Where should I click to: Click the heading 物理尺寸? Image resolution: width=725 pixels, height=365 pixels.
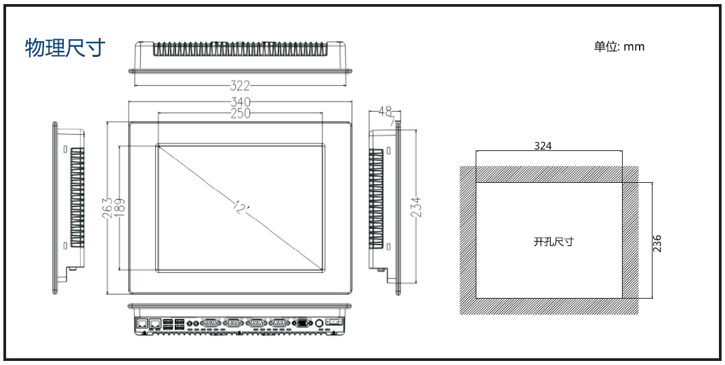coord(65,47)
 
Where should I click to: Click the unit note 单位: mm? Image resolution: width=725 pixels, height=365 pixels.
coord(619,47)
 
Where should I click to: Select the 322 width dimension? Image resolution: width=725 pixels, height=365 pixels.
coord(240,85)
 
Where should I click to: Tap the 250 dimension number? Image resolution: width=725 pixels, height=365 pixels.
coord(240,113)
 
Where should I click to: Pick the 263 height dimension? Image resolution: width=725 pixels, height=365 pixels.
coord(108,208)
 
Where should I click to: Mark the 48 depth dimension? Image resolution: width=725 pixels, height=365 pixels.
coord(385,110)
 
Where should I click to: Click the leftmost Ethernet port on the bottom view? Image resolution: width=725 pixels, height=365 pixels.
coord(142,323)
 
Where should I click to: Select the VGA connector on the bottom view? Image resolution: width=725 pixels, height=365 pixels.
coord(302,324)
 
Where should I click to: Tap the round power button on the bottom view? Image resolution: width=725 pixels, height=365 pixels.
coord(320,324)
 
